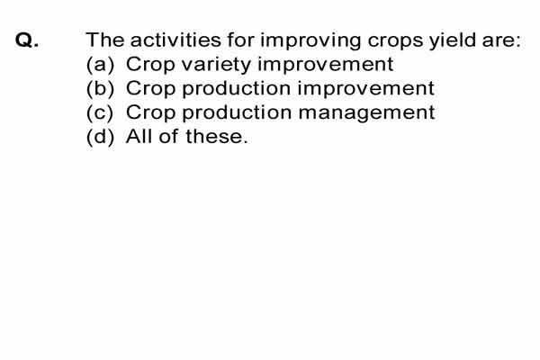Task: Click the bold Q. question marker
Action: [x=27, y=40]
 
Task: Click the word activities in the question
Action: [x=175, y=40]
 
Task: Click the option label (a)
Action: [x=100, y=65]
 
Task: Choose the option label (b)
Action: [x=100, y=88]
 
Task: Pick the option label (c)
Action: [x=100, y=112]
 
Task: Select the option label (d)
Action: [x=100, y=137]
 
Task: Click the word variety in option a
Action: [x=216, y=66]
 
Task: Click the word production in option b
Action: [x=236, y=89]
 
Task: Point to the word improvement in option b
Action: [x=365, y=89]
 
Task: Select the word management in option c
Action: [x=367, y=113]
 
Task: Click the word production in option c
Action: [x=236, y=113]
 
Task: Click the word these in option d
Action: [x=216, y=137]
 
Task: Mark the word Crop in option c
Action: [x=150, y=113]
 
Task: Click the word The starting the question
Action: [x=105, y=40]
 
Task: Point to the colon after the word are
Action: [x=518, y=42]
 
